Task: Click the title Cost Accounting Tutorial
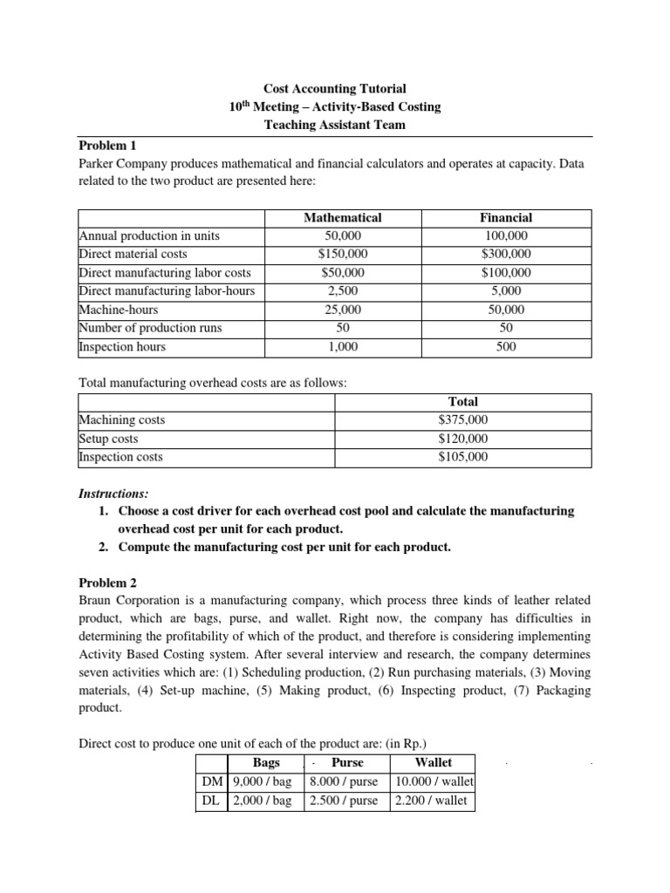(335, 89)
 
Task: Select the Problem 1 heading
(107, 145)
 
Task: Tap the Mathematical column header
(342, 217)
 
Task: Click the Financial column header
(506, 217)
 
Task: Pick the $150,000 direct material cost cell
(342, 254)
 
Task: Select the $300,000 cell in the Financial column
(506, 254)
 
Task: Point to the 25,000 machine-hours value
(342, 310)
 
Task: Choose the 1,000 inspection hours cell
(342, 346)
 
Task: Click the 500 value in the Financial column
(506, 346)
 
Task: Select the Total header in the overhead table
(463, 402)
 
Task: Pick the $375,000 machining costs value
(463, 420)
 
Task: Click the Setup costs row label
(109, 439)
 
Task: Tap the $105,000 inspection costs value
(463, 457)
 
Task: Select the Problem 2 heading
(107, 583)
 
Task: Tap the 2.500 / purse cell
(345, 801)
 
